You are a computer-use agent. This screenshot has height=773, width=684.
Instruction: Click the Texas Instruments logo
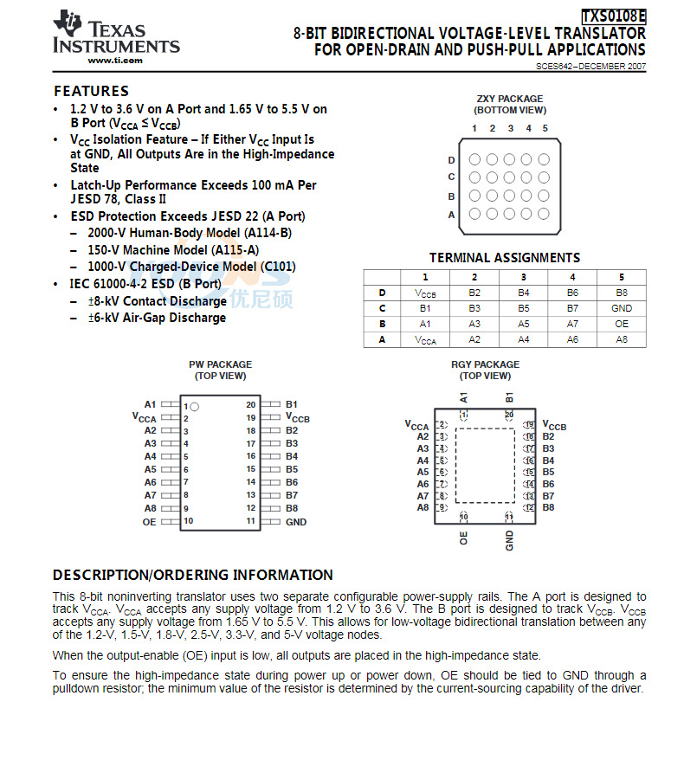pos(116,35)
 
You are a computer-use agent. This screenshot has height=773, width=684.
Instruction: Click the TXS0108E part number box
pos(613,16)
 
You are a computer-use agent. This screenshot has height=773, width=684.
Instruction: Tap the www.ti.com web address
pos(115,61)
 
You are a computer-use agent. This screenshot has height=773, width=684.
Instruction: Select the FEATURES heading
pos(91,91)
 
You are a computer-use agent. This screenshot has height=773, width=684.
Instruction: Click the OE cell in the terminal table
pos(621,324)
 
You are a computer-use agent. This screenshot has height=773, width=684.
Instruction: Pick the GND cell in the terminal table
pos(621,308)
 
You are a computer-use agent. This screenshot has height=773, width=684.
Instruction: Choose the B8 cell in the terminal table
pos(621,293)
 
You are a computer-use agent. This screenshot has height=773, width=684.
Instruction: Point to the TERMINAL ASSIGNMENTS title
pos(505,258)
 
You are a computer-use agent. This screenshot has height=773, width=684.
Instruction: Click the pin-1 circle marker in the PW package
pos(195,406)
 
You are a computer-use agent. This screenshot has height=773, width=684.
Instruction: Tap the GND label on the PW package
pos(296,522)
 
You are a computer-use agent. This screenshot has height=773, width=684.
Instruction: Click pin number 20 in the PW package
pos(250,404)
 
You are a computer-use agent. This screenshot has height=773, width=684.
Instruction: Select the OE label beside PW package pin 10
pos(150,522)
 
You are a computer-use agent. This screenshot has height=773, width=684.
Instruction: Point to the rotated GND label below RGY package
pos(510,541)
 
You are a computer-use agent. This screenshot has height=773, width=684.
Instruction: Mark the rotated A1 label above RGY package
pos(465,397)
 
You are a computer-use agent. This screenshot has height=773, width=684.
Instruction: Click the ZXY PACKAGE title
pos(510,99)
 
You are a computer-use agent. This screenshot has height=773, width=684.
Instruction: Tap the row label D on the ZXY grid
pos(452,160)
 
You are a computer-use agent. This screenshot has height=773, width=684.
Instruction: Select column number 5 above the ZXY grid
pos(545,129)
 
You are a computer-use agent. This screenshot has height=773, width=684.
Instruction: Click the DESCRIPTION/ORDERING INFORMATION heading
pos(192,575)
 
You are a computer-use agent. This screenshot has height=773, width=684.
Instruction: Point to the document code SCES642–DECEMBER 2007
pos(590,67)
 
